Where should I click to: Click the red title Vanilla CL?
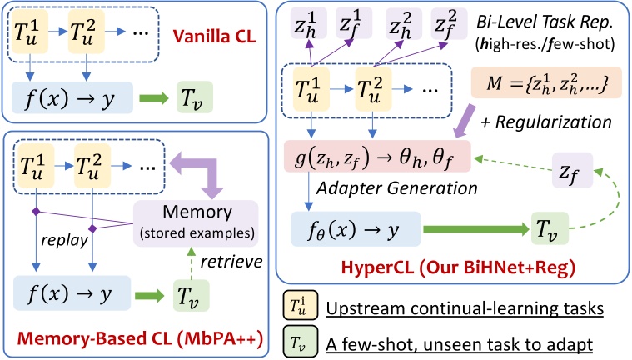coord(218,38)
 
